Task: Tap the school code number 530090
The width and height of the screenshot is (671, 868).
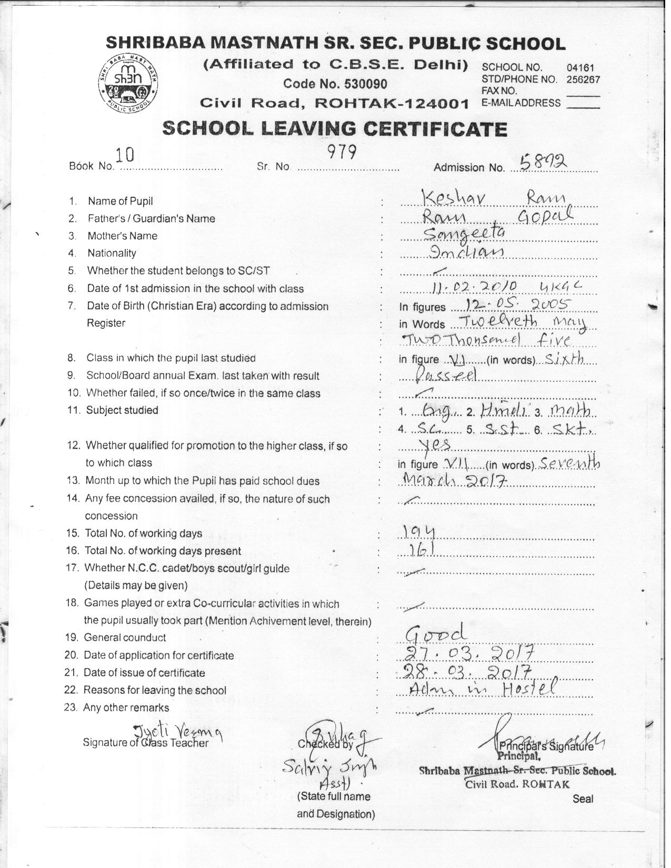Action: [365, 84]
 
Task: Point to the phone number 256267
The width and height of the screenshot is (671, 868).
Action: [583, 80]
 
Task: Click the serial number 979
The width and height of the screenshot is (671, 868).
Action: [342, 152]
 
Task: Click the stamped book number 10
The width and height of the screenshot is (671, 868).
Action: [125, 155]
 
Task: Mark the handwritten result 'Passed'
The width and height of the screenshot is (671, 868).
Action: [446, 374]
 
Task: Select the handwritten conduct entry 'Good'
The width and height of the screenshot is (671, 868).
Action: [435, 632]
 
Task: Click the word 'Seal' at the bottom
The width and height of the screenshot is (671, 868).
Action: [583, 799]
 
